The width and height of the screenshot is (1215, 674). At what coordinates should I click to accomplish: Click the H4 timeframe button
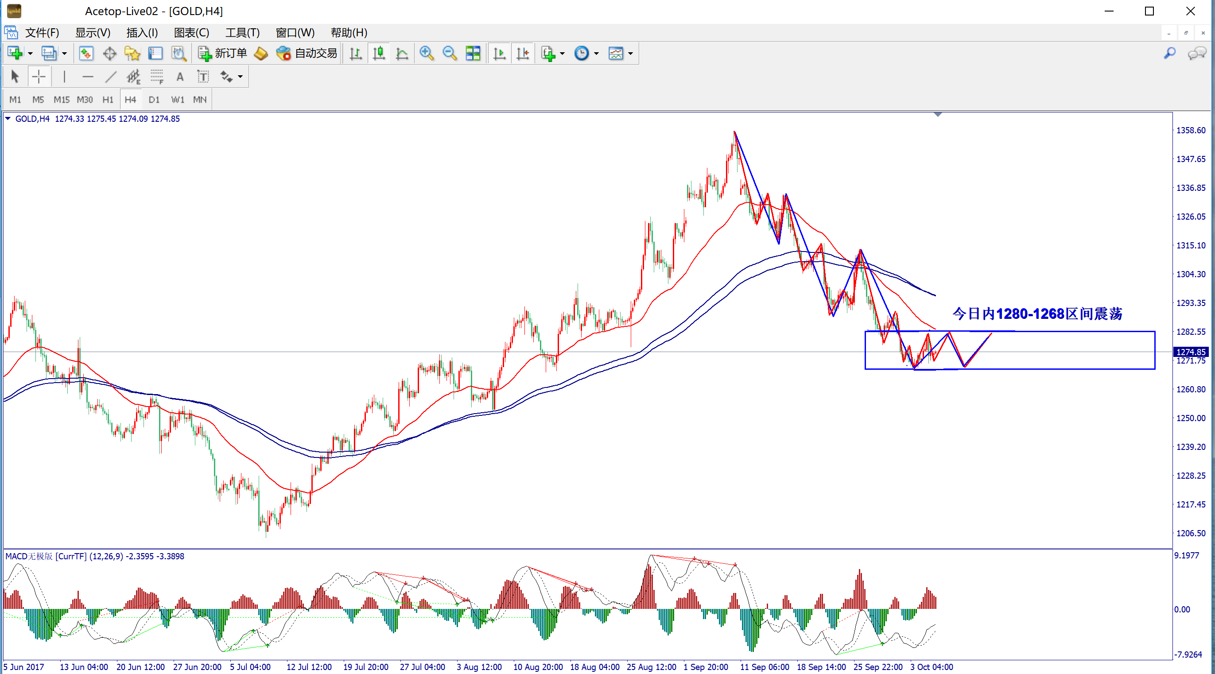[x=130, y=100]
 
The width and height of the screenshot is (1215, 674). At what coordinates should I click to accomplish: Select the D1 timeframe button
[x=154, y=100]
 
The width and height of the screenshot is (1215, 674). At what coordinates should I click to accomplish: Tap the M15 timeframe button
[x=61, y=100]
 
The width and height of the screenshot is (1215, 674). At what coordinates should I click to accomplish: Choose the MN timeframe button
[x=199, y=100]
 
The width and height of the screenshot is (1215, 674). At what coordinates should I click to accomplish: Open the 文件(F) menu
[x=42, y=32]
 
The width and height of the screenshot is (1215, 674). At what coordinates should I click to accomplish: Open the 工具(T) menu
[x=242, y=32]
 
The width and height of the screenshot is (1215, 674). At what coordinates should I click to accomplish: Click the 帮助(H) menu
[x=349, y=32]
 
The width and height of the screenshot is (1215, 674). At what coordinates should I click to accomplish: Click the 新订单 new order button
[x=223, y=53]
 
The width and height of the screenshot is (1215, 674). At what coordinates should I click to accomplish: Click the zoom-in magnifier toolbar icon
[x=427, y=53]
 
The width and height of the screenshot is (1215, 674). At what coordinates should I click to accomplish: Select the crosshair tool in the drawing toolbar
[x=39, y=77]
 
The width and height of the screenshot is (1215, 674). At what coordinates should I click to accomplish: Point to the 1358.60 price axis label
[x=1191, y=130]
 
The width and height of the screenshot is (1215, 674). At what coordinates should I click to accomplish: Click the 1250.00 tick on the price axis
[x=1191, y=418]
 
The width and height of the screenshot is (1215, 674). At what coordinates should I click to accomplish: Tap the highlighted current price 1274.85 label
[x=1191, y=352]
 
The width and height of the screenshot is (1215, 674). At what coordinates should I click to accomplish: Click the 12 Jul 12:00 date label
[x=309, y=667]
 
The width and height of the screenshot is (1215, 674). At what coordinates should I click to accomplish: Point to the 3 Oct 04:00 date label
[x=932, y=667]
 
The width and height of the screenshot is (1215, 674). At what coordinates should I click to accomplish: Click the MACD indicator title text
[x=94, y=556]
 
